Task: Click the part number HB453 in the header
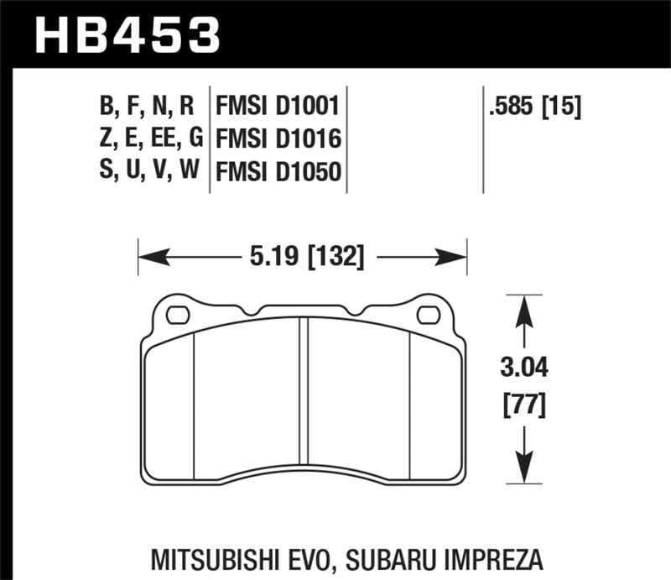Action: (126, 36)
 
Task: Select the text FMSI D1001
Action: (278, 107)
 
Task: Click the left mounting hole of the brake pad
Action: (178, 316)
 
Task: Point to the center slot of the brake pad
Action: (304, 403)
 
